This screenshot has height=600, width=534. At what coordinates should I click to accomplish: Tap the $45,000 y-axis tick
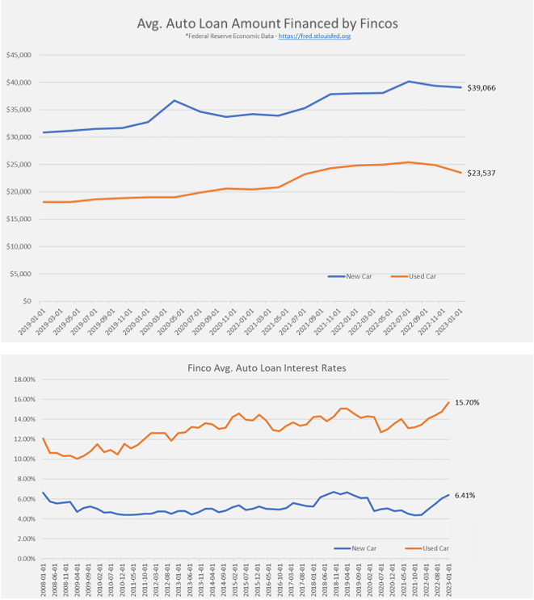coord(18,55)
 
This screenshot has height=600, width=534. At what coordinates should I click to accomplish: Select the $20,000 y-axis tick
coord(18,191)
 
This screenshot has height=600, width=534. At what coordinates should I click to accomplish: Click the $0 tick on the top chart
coord(27,300)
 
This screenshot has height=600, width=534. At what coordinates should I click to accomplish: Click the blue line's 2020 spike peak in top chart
coord(174,101)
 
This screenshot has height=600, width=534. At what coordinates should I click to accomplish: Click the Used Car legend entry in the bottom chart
coord(434,548)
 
